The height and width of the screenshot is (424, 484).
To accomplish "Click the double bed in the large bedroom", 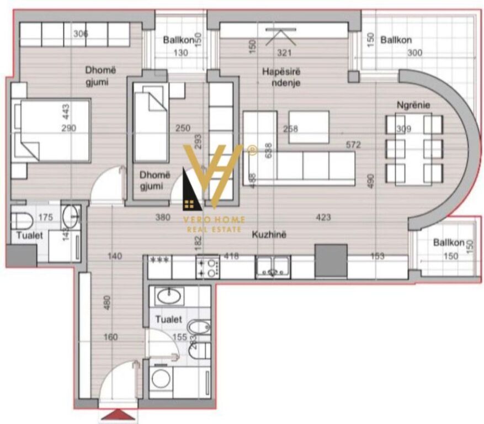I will [x=51, y=130].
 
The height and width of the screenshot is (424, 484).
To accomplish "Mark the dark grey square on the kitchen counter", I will [x=331, y=261].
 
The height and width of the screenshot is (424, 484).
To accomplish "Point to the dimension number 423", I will [x=323, y=218].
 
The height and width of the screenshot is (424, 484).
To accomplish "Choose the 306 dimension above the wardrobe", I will [x=81, y=34].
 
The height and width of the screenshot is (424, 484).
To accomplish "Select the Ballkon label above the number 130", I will [x=177, y=40].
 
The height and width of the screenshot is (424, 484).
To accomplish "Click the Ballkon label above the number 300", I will [x=396, y=40].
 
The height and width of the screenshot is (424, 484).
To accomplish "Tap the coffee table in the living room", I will [x=309, y=127].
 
